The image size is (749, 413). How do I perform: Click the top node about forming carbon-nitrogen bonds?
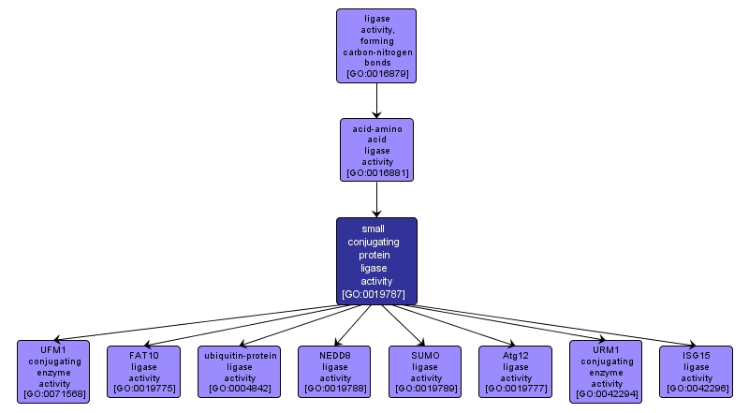pyautogui.click(x=376, y=45)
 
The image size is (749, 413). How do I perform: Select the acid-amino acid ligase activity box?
pyautogui.click(x=376, y=149)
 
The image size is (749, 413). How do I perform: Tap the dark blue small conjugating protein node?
pyautogui.click(x=376, y=260)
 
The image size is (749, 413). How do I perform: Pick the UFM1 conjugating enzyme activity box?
pyautogui.click(x=54, y=372)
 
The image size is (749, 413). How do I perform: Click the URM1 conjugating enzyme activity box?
pyautogui.click(x=607, y=372)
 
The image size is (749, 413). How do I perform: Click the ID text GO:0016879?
pyautogui.click(x=376, y=73)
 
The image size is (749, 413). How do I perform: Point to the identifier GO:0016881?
pyautogui.click(x=376, y=173)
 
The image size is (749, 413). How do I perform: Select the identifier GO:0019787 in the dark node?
pyautogui.click(x=376, y=294)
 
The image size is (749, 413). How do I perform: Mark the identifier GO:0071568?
pyautogui.click(x=54, y=394)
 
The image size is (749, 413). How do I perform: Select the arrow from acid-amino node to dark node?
pyautogui.click(x=376, y=199)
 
